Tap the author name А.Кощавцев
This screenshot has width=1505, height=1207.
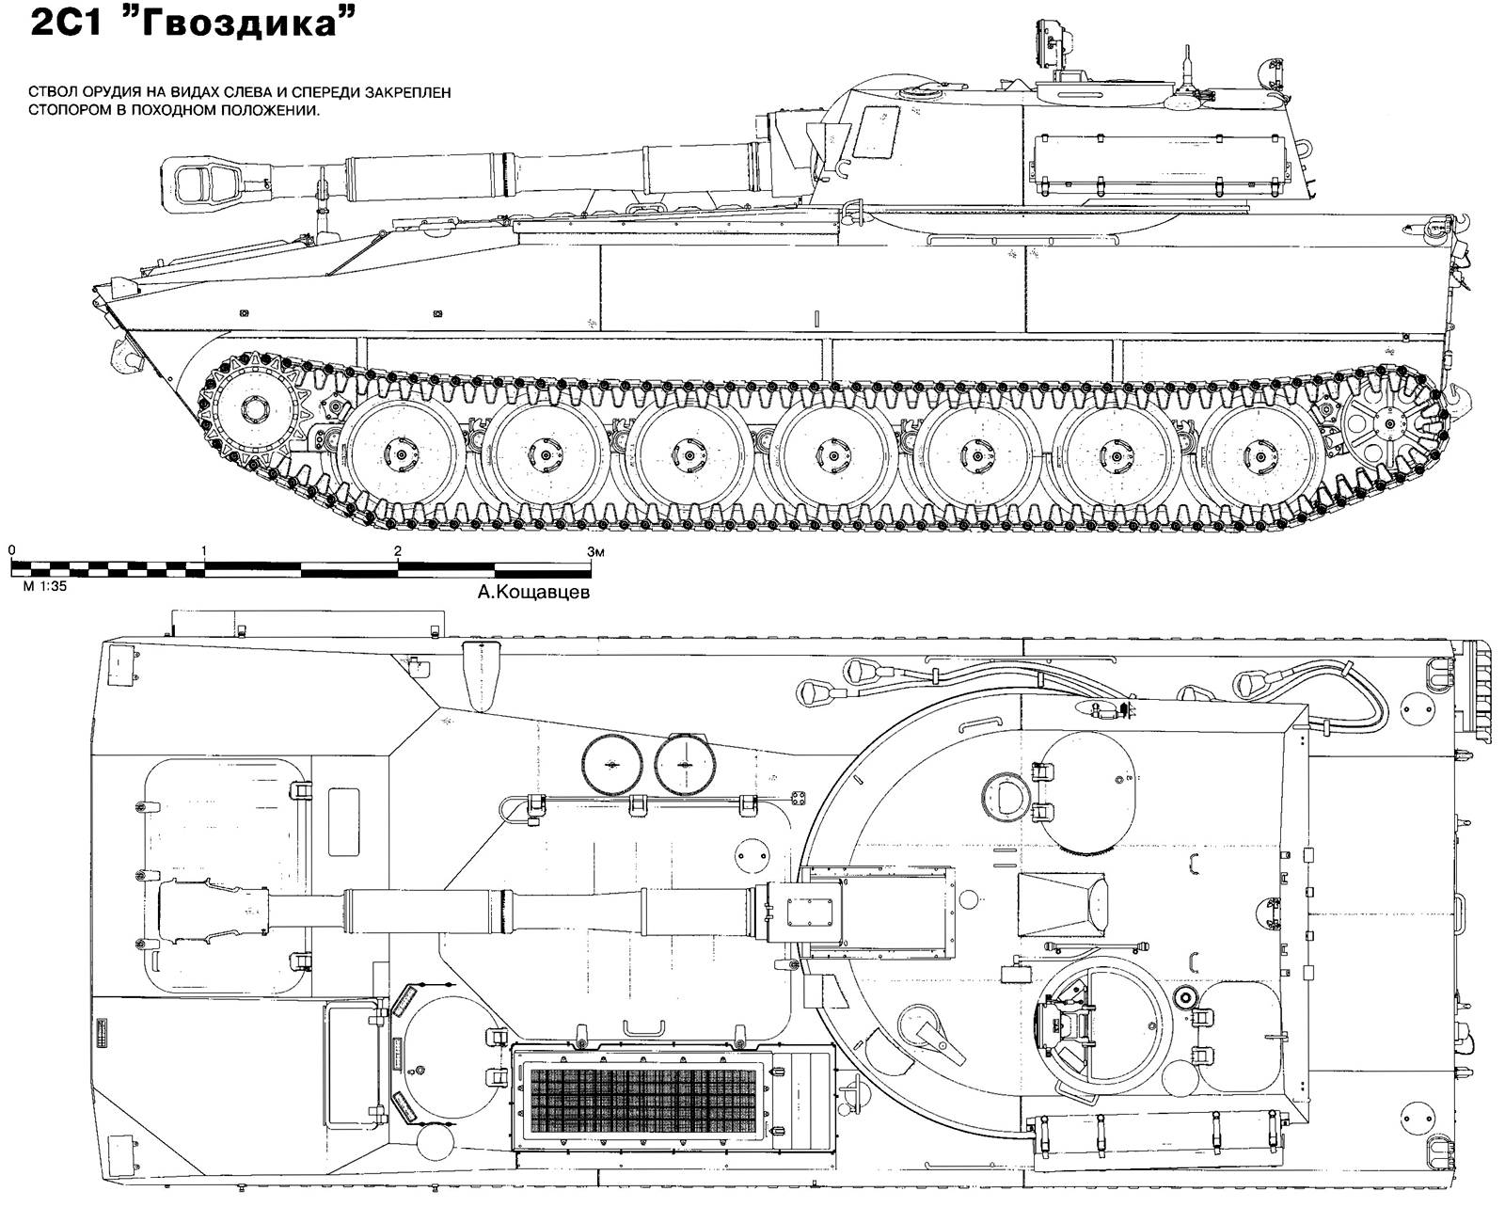pyautogui.click(x=533, y=592)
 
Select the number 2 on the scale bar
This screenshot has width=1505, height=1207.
pyautogui.click(x=398, y=551)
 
